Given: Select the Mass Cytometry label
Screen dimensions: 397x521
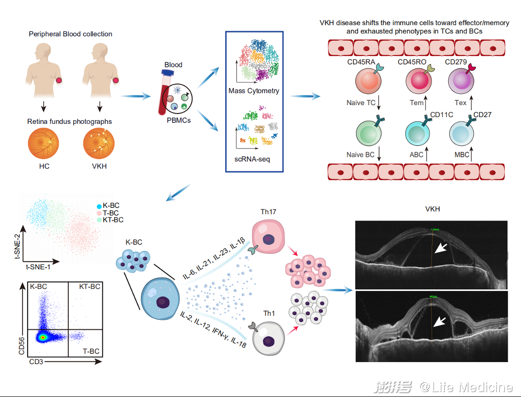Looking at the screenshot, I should coord(254,90).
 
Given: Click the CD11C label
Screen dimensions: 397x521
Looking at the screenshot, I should coord(441,115).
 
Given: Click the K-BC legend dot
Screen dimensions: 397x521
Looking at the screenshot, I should coord(99,205).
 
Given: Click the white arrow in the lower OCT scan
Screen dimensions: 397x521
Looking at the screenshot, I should coord(441,321).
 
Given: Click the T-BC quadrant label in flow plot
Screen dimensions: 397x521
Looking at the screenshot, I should coord(90,351).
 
